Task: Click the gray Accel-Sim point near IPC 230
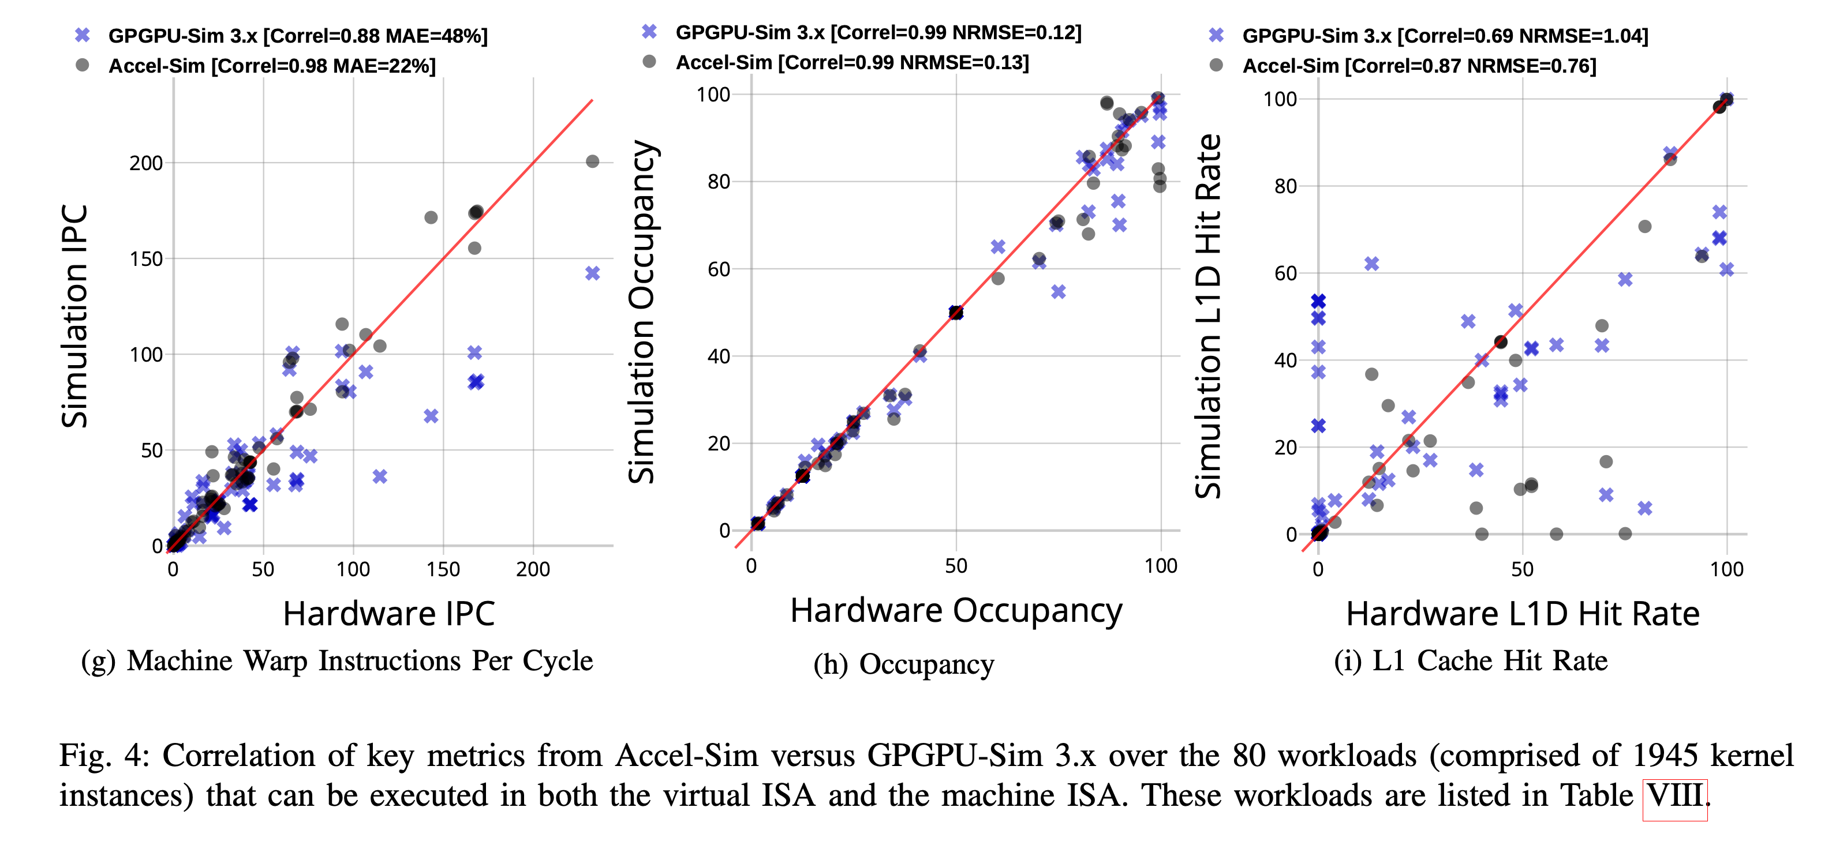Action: [592, 162]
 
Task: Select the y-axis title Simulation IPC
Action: [74, 316]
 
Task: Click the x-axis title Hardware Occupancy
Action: [956, 611]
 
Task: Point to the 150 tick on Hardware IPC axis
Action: [443, 569]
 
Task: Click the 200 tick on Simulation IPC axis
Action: [146, 163]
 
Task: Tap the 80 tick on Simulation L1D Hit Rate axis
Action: [1285, 186]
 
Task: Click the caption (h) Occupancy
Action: [903, 664]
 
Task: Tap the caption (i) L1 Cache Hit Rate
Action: [1470, 660]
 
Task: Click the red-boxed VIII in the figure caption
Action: [1675, 795]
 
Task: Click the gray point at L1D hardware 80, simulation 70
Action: [1644, 226]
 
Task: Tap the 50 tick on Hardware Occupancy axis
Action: [956, 566]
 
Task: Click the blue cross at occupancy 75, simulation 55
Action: [1058, 291]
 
